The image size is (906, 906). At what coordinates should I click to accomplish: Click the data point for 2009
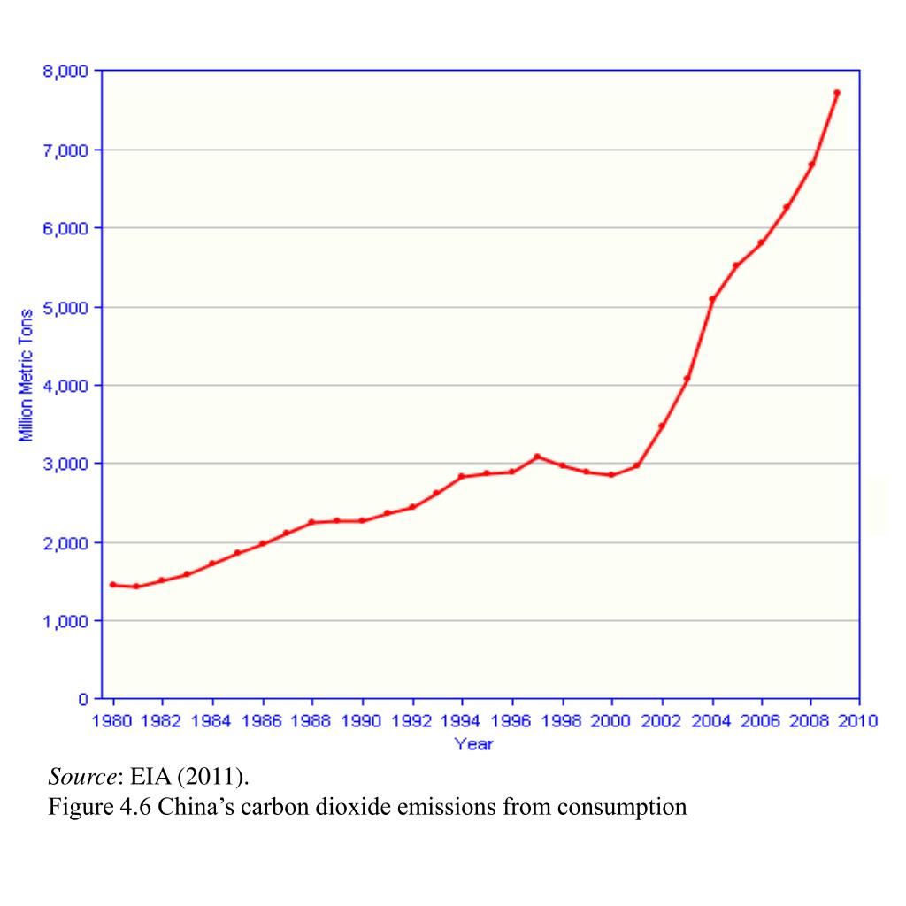point(836,92)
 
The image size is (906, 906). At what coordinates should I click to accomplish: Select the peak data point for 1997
point(537,457)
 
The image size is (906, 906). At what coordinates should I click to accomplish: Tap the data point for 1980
point(112,585)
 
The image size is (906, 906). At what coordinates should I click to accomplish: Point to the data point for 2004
point(712,299)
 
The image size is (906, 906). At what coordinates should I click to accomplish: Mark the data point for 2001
point(637,465)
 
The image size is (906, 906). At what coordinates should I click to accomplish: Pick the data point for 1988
point(311,522)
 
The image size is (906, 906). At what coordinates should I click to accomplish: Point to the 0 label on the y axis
point(81,699)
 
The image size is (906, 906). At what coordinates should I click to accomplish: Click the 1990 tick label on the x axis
point(362,722)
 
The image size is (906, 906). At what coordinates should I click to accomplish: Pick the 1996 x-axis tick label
point(511,722)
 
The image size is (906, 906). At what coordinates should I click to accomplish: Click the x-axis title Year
point(473,744)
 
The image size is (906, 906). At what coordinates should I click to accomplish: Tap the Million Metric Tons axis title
point(27,373)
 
